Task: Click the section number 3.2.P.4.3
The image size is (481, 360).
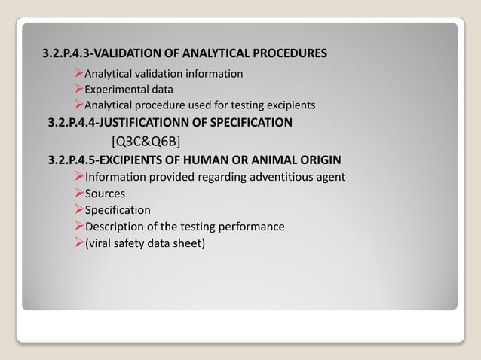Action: point(69,53)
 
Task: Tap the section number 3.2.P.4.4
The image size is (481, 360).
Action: point(75,122)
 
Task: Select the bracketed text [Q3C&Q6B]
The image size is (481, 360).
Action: point(145,141)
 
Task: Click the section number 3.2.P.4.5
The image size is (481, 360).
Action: point(75,160)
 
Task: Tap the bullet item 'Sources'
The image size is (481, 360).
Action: point(105,194)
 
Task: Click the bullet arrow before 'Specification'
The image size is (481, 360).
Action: point(78,210)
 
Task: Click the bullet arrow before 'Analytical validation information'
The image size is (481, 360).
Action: point(78,73)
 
